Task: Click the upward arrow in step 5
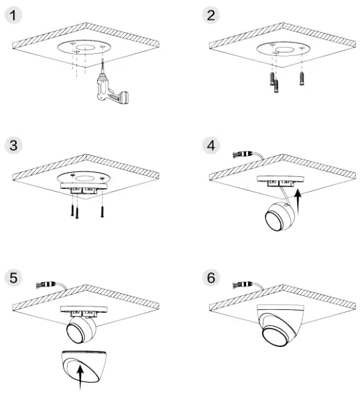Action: (x=83, y=377)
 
